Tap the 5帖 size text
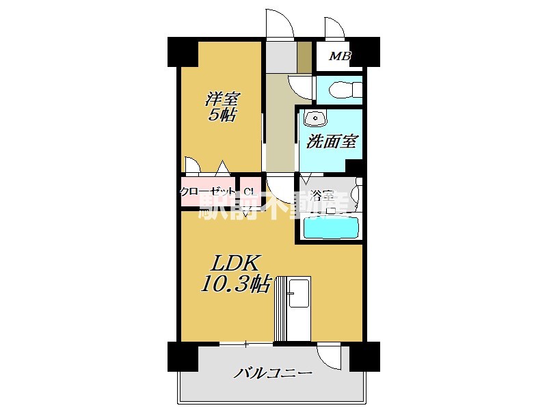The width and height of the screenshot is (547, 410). point(223,115)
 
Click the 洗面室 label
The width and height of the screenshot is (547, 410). point(332,141)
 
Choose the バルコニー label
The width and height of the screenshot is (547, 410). point(273,373)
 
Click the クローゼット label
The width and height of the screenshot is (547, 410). point(208,192)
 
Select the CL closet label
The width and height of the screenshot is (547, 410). point(249,192)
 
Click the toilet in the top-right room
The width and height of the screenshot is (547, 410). point(342,90)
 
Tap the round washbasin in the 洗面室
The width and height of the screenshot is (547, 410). point(315,118)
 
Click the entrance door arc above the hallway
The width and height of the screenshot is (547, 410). point(280,25)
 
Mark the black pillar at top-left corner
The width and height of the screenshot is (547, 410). point(183,51)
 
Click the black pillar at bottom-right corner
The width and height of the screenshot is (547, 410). point(364,356)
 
